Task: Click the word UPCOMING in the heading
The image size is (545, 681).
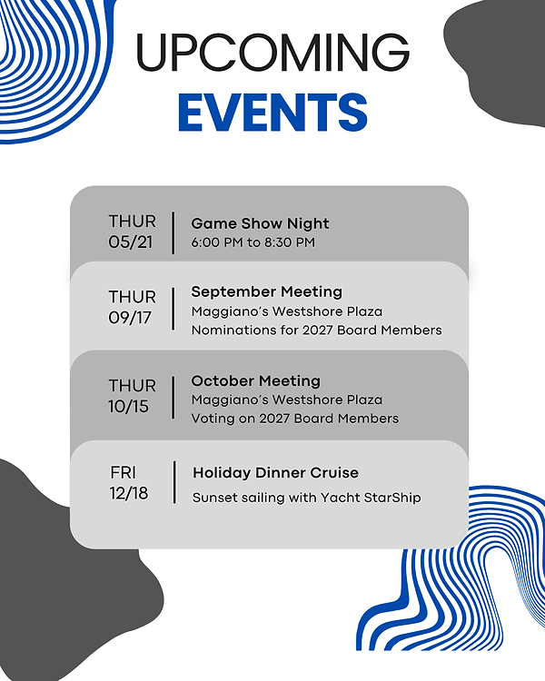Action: point(272,54)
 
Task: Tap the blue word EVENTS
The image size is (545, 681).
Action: point(272,113)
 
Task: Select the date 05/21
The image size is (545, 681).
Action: point(133,242)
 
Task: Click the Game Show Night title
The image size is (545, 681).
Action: point(260,223)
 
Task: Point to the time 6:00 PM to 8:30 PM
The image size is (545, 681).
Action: point(253,242)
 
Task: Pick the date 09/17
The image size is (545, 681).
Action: point(133,318)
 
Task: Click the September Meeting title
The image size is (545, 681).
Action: point(266,292)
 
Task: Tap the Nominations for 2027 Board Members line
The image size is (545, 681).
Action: point(316,331)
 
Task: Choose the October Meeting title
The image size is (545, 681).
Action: point(255,380)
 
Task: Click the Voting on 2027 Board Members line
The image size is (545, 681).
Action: point(294,419)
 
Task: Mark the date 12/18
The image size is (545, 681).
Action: point(129,493)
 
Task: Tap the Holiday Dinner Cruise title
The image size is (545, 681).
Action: point(275,473)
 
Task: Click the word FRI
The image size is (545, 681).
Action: point(124,473)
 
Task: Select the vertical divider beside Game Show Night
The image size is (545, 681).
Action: point(173,232)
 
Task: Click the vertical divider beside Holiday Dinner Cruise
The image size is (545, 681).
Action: point(174,482)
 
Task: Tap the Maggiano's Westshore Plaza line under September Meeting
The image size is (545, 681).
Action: point(286,311)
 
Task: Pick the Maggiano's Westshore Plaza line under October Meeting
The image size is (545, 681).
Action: point(286,400)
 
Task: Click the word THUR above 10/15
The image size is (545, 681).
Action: point(133,386)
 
